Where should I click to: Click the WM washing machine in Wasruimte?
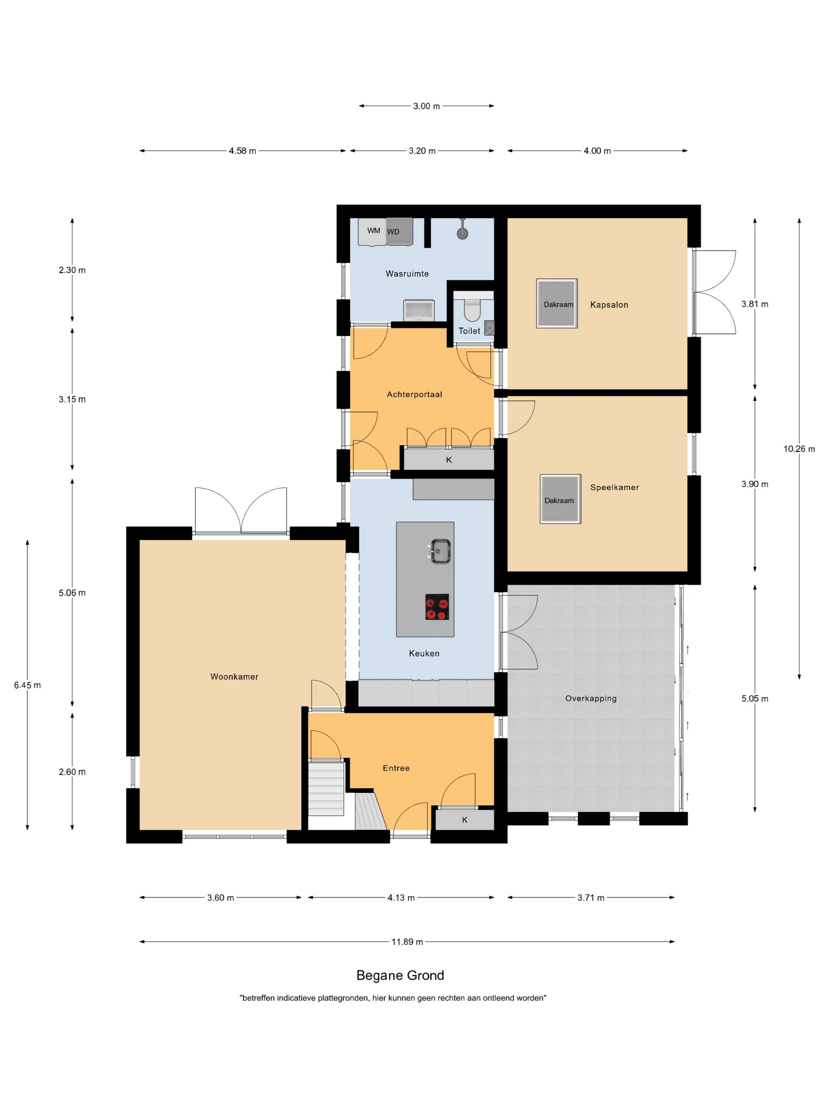coord(372,231)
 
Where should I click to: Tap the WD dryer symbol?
coord(399,231)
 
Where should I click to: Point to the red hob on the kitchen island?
coord(437,607)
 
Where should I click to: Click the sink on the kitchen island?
coord(440,551)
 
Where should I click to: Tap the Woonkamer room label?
coord(234,676)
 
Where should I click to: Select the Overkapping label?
coord(591,699)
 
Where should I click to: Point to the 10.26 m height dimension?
coord(799,449)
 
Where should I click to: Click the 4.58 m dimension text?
coord(242,151)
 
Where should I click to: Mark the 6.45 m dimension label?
coord(28,685)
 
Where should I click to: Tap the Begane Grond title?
coord(400,975)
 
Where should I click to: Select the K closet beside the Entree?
coord(465,819)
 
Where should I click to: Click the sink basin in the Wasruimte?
coord(419,310)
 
